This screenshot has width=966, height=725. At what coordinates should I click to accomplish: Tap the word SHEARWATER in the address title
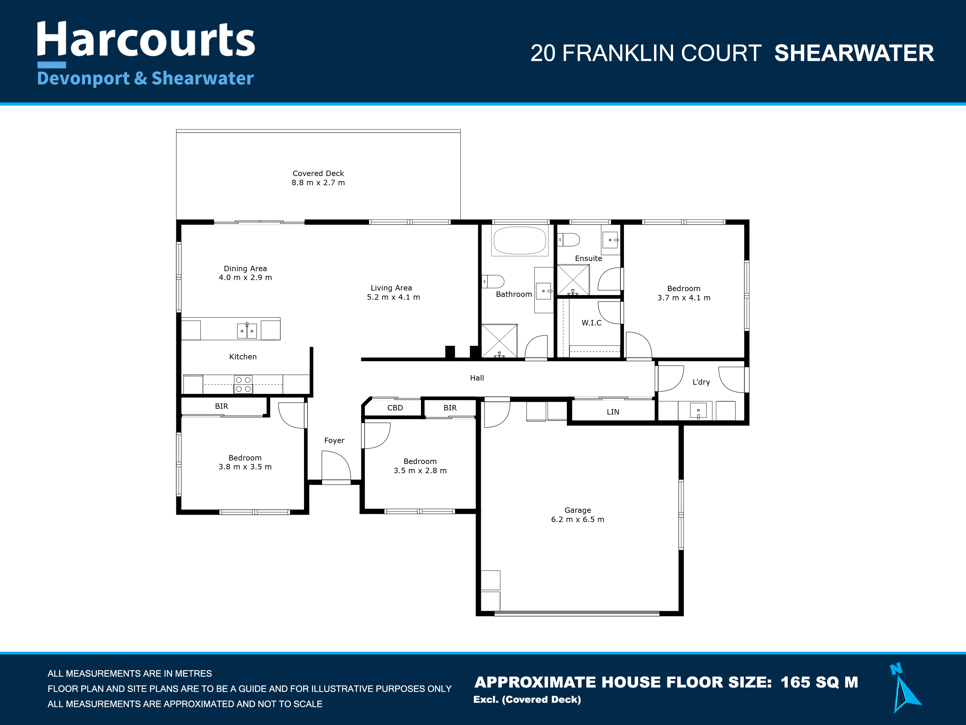(854, 53)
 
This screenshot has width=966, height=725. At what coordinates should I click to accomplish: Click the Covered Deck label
(318, 173)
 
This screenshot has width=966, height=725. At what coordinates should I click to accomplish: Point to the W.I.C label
(591, 323)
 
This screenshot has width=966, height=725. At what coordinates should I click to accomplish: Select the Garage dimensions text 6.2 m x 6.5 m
(578, 519)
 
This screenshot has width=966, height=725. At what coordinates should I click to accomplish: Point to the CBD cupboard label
(395, 408)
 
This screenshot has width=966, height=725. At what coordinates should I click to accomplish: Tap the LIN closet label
(613, 412)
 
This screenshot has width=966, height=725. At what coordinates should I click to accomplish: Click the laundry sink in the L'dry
(698, 410)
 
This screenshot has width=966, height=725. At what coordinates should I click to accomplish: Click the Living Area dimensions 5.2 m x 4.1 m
(393, 297)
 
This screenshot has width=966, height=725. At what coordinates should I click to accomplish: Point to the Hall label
(477, 378)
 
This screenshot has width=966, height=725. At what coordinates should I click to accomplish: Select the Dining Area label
(245, 269)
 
